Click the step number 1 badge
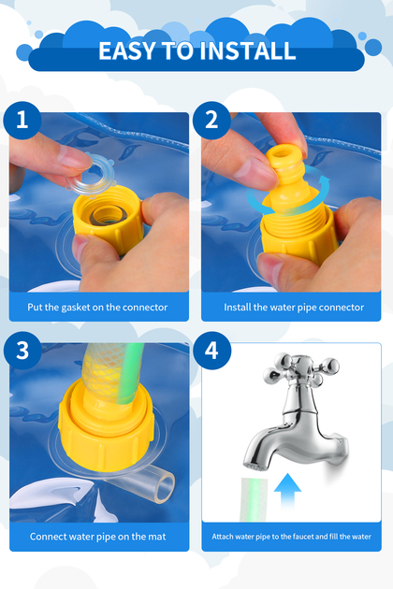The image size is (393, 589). pos(22,121)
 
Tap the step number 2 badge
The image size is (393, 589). pos(211,121)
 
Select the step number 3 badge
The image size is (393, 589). pos(22,350)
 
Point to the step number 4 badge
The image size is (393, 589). pos(212,350)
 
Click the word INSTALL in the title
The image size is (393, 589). pos(248,50)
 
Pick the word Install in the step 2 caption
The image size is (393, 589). pos(238,308)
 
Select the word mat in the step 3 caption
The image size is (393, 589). pos(157,537)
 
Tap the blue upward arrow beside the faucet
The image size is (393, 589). pos(287,492)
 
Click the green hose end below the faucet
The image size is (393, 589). pos(254,499)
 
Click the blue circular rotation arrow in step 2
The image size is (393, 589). pos(288,191)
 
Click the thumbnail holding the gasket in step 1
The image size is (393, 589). pos(74,157)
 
